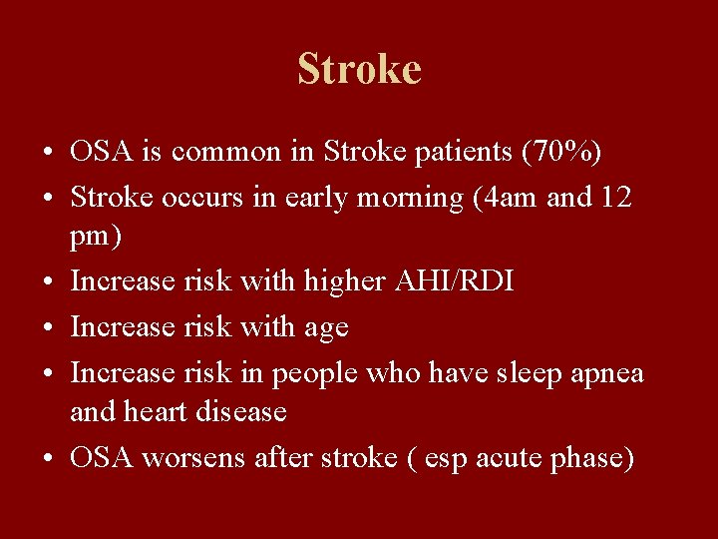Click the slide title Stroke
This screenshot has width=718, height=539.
[x=359, y=69]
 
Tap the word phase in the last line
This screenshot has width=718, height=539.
[x=594, y=458]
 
